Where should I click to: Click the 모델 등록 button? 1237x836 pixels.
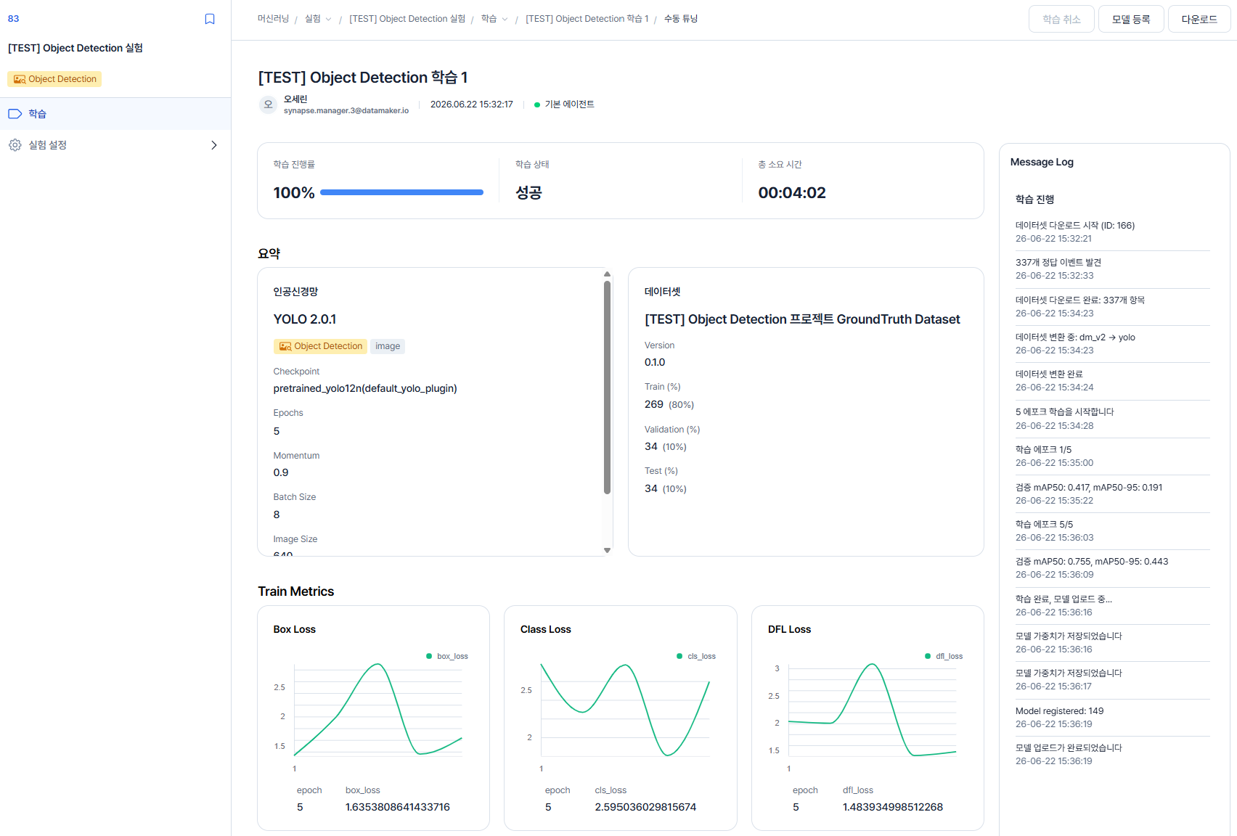(1130, 20)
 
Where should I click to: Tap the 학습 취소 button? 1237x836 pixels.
(1061, 20)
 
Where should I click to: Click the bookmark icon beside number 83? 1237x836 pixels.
(209, 19)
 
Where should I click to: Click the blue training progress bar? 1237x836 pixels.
(401, 192)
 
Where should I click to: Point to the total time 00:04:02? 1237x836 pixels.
(791, 193)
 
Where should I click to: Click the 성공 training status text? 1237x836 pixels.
(528, 193)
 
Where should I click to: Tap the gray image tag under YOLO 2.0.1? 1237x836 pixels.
(387, 346)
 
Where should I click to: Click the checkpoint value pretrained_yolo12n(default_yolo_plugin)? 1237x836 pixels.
(365, 388)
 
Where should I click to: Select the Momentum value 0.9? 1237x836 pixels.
(280, 472)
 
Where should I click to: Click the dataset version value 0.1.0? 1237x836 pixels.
(654, 362)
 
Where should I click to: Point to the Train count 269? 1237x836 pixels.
(654, 404)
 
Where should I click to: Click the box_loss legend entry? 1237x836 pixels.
(446, 656)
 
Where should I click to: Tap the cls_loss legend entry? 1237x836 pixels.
(695, 656)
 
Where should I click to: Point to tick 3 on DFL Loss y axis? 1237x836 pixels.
(777, 668)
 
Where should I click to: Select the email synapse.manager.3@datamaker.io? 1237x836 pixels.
(346, 110)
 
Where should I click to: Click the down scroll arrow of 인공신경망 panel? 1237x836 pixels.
(607, 550)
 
